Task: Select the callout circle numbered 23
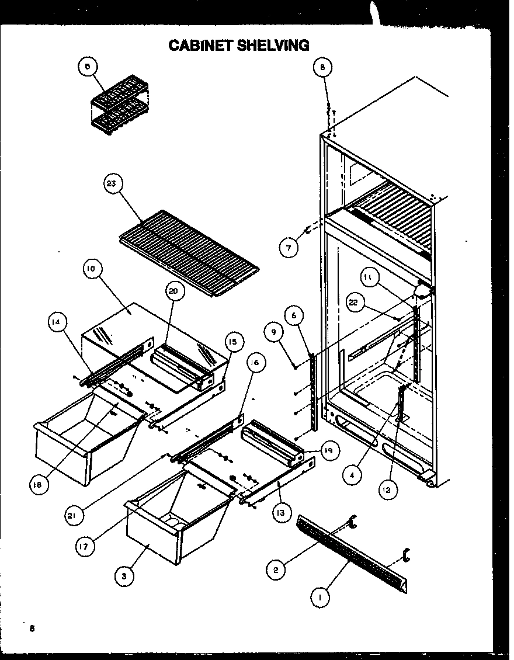[113, 185]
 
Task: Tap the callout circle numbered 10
[91, 270]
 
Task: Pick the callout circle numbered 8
[322, 67]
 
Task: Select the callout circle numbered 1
[321, 598]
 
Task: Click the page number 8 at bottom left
[33, 628]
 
